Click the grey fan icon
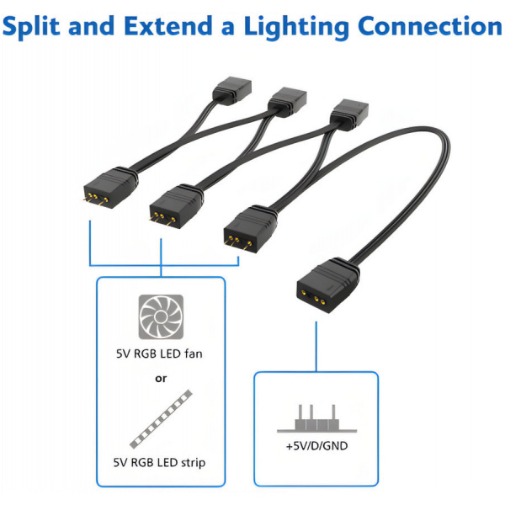160,317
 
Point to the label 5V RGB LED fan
160,354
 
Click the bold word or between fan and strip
160,379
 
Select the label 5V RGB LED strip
160,462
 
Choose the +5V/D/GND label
316,445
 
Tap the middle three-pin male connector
173,206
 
